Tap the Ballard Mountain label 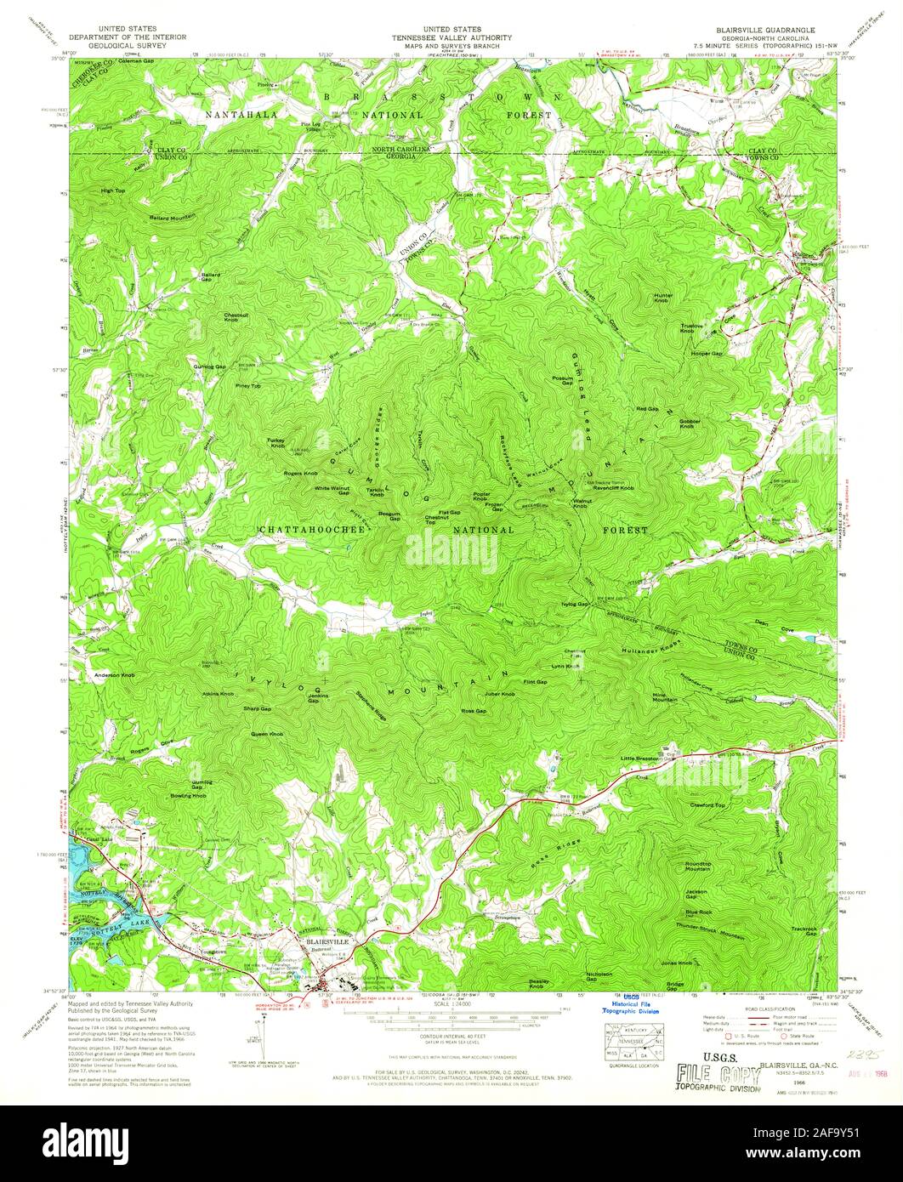[173, 216]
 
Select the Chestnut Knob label [236, 316]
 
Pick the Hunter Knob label [663, 298]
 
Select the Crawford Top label [707, 804]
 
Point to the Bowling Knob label [188, 796]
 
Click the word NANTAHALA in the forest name [241, 113]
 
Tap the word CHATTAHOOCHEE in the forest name [312, 529]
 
